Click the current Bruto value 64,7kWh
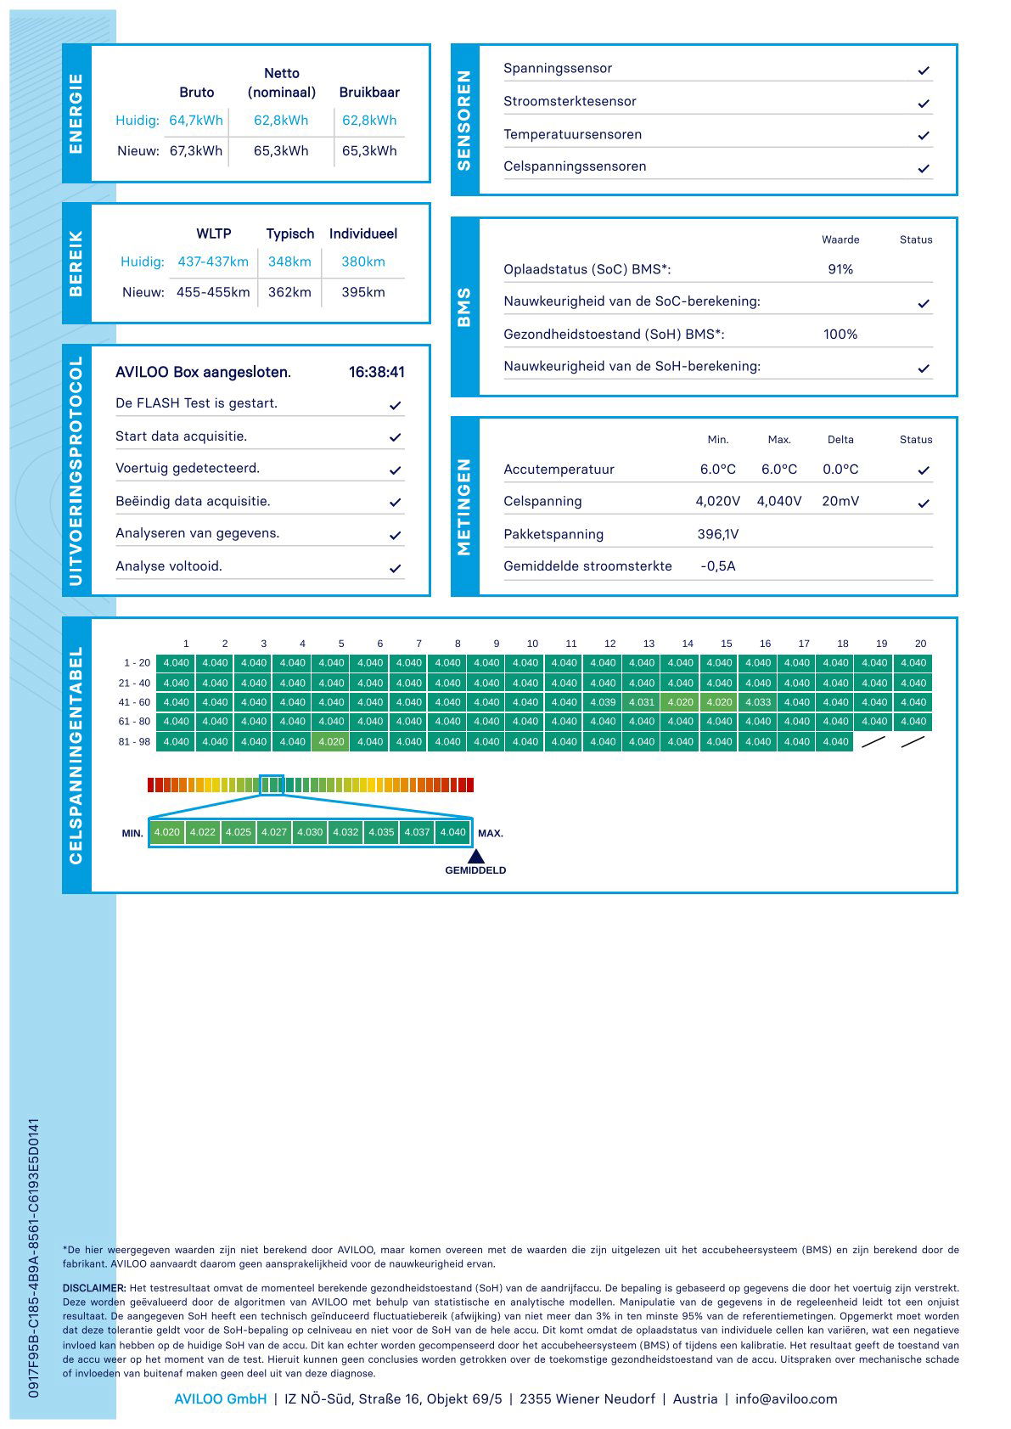pyautogui.click(x=196, y=121)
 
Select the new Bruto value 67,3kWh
pyautogui.click(x=196, y=151)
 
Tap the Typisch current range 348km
pyautogui.click(x=289, y=262)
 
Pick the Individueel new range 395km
pyautogui.click(x=363, y=292)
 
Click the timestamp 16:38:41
pyautogui.click(x=376, y=372)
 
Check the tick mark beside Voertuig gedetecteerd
pyautogui.click(x=395, y=470)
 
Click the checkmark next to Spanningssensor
pyautogui.click(x=924, y=70)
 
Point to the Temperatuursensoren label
pyautogui.click(x=572, y=134)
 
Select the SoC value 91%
pyautogui.click(x=840, y=269)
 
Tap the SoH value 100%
pyautogui.click(x=840, y=335)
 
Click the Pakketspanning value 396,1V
pyautogui.click(x=718, y=534)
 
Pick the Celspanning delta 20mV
pyautogui.click(x=840, y=501)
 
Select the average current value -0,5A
pyautogui.click(x=718, y=566)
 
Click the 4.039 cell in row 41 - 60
pyautogui.click(x=603, y=702)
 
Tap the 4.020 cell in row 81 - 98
pyautogui.click(x=331, y=741)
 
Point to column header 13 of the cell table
pyautogui.click(x=649, y=644)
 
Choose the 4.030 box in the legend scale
pyautogui.click(x=310, y=832)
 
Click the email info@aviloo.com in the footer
pyautogui.click(x=786, y=1398)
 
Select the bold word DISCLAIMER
pyautogui.click(x=94, y=1288)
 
